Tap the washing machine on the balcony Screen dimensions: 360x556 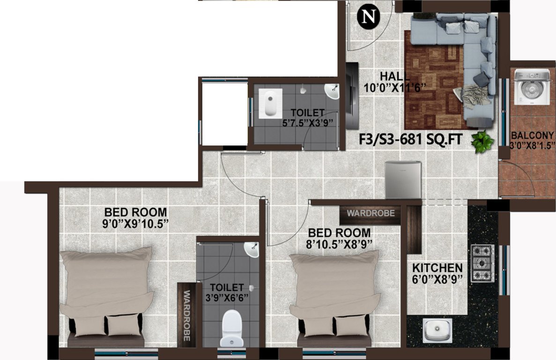point(532,87)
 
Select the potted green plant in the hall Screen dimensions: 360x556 point(482,141)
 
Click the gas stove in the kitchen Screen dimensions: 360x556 point(482,263)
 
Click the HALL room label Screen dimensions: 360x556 point(394,76)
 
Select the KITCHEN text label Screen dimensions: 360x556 point(437,268)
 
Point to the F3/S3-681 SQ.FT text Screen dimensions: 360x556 point(410,139)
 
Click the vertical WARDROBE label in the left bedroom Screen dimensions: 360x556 point(186,315)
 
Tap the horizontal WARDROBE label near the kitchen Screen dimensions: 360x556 point(370,213)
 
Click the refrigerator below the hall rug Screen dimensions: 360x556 point(402,180)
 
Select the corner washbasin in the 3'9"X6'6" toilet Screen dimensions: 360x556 point(252,250)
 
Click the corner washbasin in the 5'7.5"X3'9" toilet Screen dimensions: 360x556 point(332,92)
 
